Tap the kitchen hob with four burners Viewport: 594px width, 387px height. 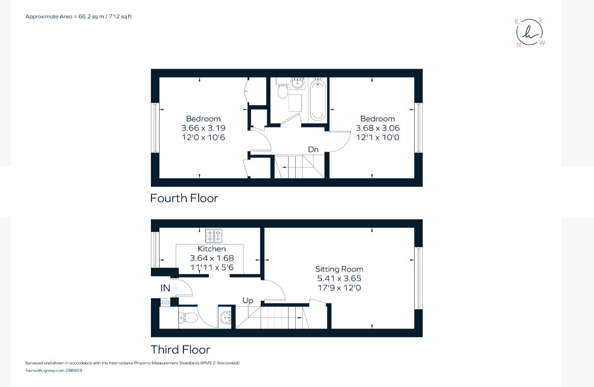pos(213,236)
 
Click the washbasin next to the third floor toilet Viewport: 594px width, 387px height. pos(226,318)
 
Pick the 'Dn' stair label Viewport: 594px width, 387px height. pos(314,149)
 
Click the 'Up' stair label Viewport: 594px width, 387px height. pos(247,301)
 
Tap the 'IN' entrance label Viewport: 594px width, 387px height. pos(165,288)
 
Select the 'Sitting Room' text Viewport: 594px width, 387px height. pos(339,269)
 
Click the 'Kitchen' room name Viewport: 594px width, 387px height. pos(212,249)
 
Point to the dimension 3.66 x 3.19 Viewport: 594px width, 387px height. pos(203,128)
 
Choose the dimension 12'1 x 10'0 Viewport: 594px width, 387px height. pos(378,138)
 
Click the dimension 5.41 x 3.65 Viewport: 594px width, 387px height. pos(339,278)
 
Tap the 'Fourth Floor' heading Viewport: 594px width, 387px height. pos(184,198)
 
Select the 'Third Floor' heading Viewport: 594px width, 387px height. pos(180,349)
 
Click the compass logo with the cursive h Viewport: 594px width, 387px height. pos(529,32)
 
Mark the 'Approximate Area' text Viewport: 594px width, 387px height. pos(79,16)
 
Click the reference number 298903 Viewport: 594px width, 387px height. pos(74,370)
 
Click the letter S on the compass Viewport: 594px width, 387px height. pos(540,20)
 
